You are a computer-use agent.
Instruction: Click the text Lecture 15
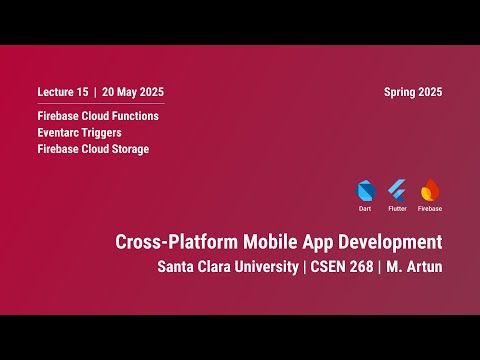tap(62, 92)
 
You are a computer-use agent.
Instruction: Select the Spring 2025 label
tap(412, 92)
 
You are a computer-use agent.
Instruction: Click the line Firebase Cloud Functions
tap(98, 116)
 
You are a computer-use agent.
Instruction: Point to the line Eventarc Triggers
tap(79, 132)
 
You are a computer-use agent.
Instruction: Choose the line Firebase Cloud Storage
tap(93, 149)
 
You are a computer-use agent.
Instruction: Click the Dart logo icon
tap(365, 190)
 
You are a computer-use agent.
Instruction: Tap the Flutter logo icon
tap(397, 190)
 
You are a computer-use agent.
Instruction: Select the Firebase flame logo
tap(430, 189)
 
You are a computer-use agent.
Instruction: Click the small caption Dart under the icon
tap(365, 209)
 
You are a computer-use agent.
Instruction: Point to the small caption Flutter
tap(397, 209)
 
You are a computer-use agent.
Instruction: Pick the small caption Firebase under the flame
tap(430, 209)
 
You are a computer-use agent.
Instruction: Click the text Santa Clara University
tap(225, 267)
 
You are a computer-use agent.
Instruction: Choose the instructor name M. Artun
tap(414, 267)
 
